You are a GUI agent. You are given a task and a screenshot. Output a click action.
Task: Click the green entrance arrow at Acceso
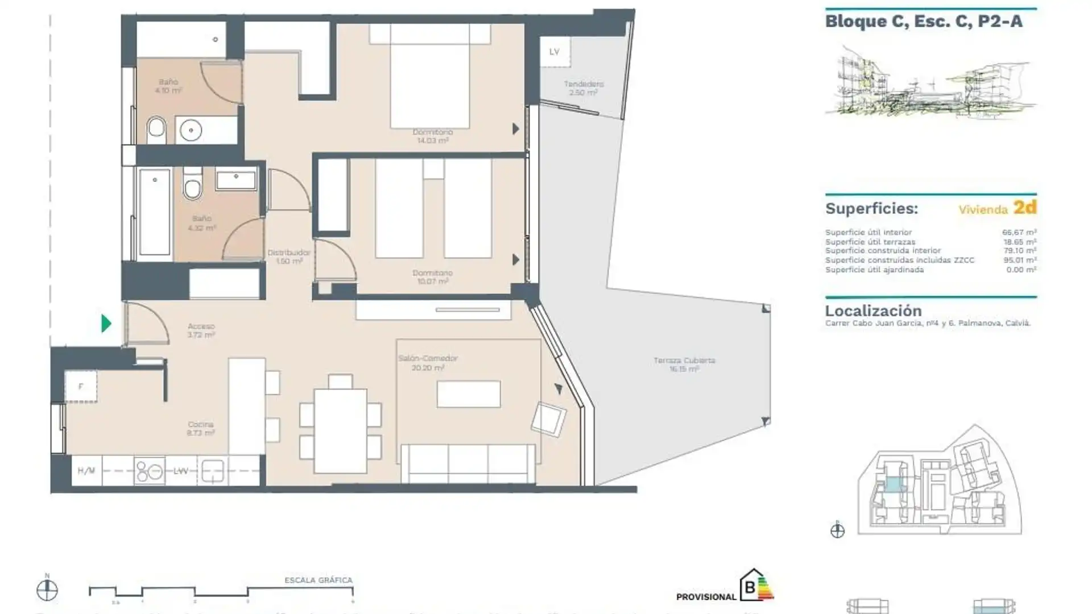[x=106, y=323]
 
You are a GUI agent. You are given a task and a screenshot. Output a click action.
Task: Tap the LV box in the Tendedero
[x=555, y=52]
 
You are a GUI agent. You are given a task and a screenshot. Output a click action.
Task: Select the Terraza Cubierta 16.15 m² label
[x=684, y=364]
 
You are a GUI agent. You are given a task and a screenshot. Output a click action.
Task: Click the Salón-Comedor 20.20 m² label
[x=428, y=363]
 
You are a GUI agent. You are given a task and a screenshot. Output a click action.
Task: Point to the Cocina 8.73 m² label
[x=200, y=428]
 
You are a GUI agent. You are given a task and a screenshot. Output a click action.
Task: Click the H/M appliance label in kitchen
[x=86, y=471]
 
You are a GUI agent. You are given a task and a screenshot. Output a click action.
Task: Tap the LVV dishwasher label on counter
[x=181, y=471]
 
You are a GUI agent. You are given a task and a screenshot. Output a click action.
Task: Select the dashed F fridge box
[x=81, y=387]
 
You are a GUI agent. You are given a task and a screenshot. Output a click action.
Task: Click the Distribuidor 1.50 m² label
[x=289, y=256]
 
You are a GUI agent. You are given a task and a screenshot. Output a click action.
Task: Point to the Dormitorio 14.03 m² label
[x=433, y=136]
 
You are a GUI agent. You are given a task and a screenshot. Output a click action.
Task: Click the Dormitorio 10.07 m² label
[x=432, y=277]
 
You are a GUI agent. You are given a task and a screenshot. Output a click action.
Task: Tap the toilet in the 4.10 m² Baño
[x=156, y=130]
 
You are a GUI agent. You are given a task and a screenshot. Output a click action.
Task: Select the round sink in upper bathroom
[x=191, y=130]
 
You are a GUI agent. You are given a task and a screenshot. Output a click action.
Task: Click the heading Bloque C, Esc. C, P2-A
[x=924, y=22]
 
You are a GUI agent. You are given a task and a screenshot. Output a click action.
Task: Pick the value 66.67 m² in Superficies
[x=1019, y=232]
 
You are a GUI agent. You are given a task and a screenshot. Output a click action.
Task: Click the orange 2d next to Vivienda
[x=1025, y=208]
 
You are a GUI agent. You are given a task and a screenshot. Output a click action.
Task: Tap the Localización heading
[x=873, y=311]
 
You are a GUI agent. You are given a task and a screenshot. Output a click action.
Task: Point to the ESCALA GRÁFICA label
[x=318, y=580]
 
